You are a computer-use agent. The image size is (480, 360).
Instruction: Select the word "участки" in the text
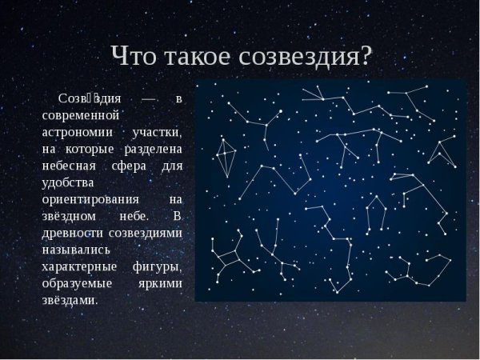[159, 132]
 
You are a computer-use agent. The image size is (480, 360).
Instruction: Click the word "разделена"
[154, 149]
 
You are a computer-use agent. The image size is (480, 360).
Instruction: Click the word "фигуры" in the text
[159, 266]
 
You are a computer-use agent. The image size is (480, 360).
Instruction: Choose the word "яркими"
[162, 283]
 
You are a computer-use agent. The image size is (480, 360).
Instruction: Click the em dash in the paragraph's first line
[148, 98]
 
